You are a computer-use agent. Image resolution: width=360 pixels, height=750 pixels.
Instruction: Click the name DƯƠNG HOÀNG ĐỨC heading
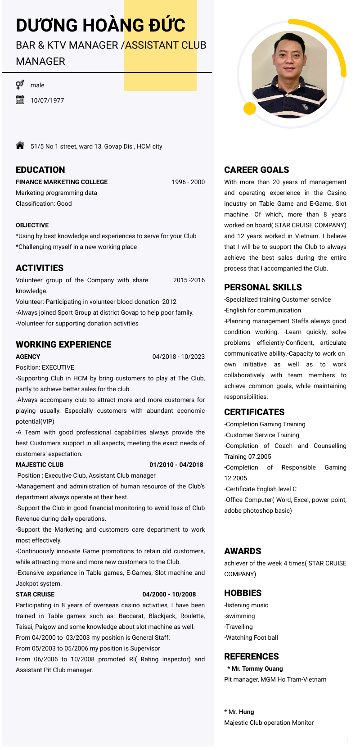click(x=100, y=26)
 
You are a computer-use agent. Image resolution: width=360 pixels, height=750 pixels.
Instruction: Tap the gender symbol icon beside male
click(x=20, y=85)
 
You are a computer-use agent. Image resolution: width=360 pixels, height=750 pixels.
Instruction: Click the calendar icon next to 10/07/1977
click(x=20, y=100)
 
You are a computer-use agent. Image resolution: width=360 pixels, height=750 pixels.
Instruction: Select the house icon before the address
click(x=20, y=145)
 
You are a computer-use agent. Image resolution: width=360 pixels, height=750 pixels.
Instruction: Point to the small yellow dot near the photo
click(x=249, y=108)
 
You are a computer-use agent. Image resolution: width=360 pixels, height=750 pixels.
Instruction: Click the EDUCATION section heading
click(x=40, y=170)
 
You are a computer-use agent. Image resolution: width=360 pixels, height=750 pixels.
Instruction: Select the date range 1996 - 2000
click(x=188, y=182)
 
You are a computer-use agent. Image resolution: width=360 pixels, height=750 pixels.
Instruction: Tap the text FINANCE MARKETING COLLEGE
click(x=62, y=182)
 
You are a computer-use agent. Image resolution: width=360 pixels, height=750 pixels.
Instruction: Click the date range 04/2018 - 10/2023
click(x=178, y=357)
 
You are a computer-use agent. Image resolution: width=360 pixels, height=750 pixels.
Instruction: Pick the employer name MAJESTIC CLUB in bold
click(x=40, y=465)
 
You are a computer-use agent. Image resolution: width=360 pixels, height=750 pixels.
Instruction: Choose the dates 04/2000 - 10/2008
click(x=169, y=594)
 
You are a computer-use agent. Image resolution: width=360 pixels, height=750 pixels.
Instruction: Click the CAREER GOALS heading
click(x=256, y=170)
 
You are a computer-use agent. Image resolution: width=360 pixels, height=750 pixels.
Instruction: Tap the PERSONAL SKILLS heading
click(x=263, y=287)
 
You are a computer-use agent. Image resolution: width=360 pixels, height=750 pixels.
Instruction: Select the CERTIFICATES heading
click(x=254, y=412)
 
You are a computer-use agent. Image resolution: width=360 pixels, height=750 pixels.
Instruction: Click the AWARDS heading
click(x=243, y=551)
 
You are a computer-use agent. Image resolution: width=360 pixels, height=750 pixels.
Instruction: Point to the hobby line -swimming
click(x=239, y=616)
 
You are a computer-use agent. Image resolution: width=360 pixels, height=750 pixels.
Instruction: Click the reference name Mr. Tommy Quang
click(x=257, y=669)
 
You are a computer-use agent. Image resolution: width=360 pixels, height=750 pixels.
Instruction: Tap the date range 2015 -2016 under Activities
click(x=189, y=280)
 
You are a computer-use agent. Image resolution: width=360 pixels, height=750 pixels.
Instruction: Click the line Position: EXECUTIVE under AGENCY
click(x=45, y=367)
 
